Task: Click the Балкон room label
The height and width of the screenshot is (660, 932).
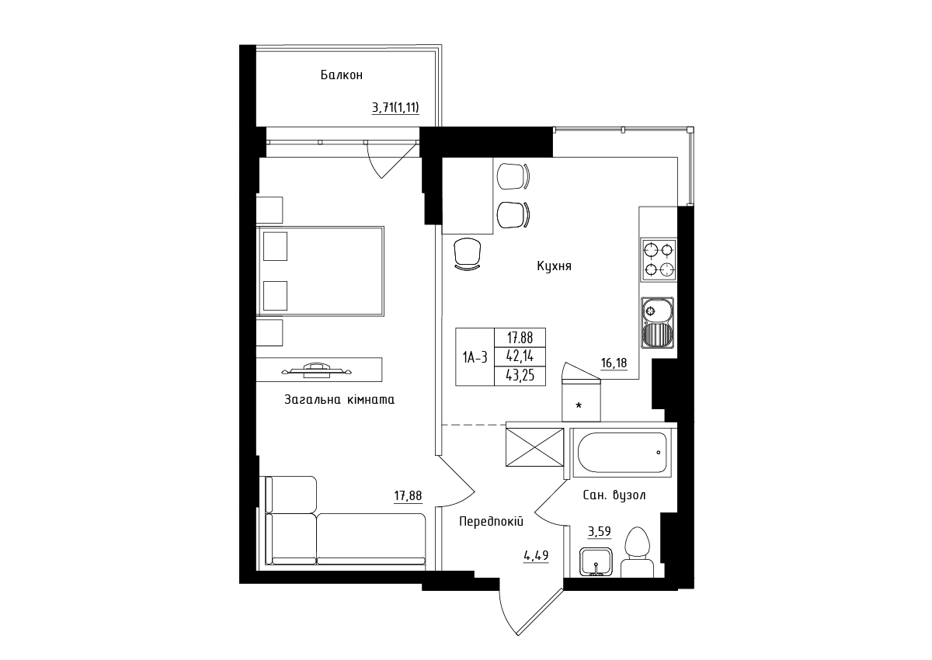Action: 342,75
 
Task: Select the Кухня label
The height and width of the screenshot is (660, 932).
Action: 554,266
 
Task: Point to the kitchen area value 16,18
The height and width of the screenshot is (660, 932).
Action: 614,363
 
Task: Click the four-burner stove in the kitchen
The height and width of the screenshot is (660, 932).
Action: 659,259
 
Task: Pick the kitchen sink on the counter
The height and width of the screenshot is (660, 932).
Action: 658,323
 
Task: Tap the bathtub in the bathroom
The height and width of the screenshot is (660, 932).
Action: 622,453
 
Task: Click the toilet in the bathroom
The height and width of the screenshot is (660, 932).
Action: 638,552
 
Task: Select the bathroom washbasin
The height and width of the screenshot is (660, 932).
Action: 596,562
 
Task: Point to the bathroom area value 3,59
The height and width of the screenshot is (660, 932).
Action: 599,531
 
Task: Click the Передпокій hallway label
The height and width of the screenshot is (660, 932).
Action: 491,521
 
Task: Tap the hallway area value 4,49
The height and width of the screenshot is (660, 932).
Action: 537,555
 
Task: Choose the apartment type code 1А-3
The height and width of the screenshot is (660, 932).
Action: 475,357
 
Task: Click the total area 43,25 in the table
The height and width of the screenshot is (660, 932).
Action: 520,376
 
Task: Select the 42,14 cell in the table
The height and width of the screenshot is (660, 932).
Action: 520,356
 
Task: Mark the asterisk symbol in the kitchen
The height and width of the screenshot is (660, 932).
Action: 579,405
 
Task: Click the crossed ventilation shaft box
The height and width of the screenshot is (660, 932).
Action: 534,447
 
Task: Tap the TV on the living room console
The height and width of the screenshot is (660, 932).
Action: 317,370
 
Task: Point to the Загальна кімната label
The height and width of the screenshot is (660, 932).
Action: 339,400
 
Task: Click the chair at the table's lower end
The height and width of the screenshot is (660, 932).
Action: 468,254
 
